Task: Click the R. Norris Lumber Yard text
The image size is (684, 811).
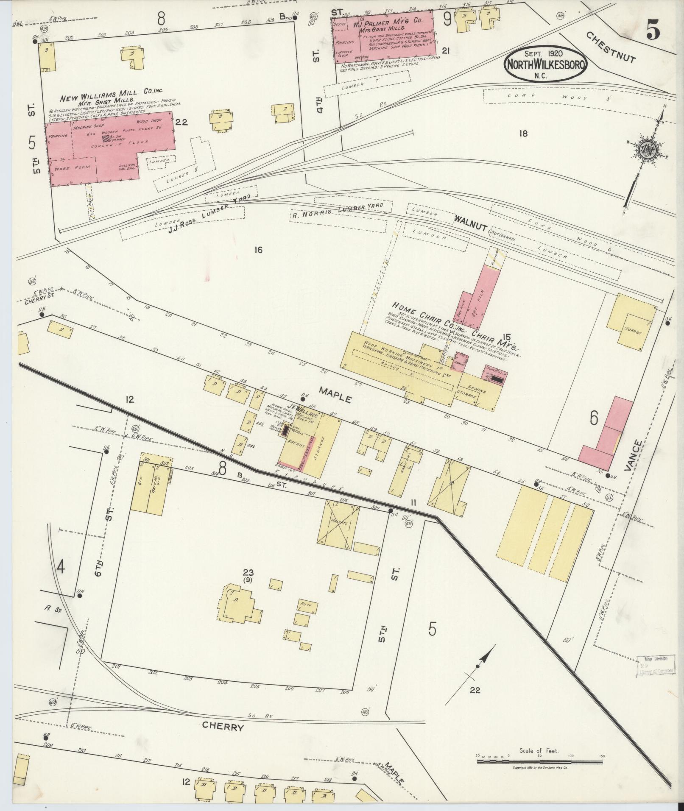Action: pos(338,210)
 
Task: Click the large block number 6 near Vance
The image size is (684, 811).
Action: pos(594,419)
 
